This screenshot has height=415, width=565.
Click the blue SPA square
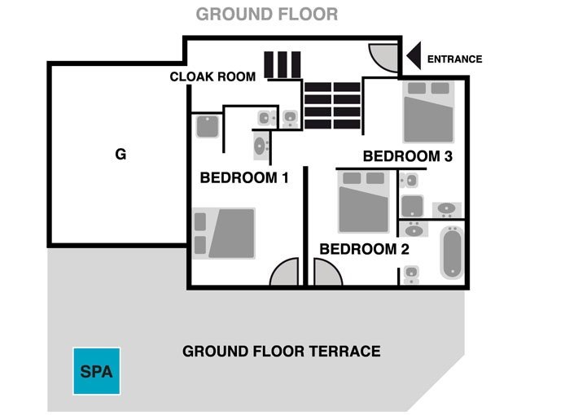97,371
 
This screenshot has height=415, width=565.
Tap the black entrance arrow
414,55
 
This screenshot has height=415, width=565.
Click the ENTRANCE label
454,59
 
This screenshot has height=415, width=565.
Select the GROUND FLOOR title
267,15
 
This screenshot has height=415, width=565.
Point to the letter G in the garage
120,154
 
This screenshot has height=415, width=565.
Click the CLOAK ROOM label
212,76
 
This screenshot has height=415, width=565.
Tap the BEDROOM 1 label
244,177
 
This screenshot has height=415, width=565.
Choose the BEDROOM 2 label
364,249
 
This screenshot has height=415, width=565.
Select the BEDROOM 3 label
408,156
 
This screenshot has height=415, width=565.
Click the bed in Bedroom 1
224,234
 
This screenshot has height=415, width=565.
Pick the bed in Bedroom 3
428,111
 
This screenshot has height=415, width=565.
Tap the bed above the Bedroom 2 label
363,202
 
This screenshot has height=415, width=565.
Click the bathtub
452,252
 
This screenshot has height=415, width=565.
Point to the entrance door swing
383,58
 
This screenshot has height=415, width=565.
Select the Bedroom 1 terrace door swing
285,272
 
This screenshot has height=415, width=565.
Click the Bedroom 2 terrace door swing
327,272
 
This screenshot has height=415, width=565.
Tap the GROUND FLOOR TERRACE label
282,352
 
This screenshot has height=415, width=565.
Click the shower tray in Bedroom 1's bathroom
207,126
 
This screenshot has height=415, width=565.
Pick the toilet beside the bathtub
411,275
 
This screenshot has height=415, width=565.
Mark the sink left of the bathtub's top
414,229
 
